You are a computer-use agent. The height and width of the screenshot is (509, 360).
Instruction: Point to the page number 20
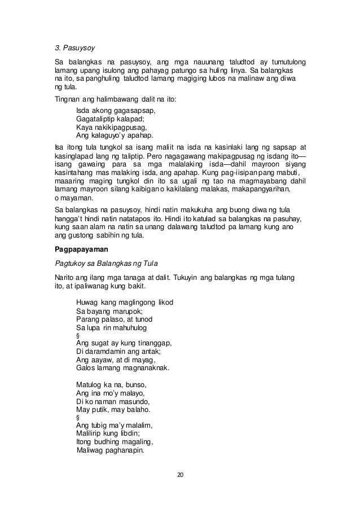tap(180, 474)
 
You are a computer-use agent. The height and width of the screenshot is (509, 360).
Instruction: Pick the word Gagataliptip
tap(98, 119)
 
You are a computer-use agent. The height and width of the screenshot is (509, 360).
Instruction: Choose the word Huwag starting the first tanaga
tap(87, 303)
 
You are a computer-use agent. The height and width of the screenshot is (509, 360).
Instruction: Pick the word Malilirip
tap(91, 433)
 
